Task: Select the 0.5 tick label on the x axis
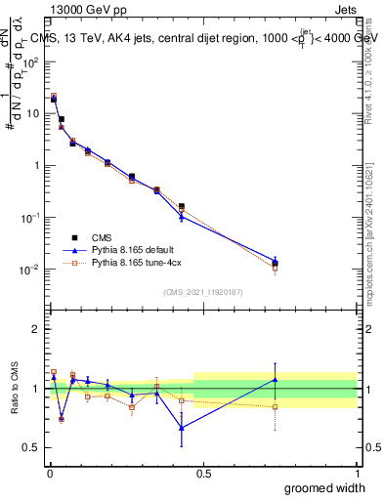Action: pyautogui.click(x=203, y=474)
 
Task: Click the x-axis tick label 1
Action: pyautogui.click(x=357, y=474)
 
